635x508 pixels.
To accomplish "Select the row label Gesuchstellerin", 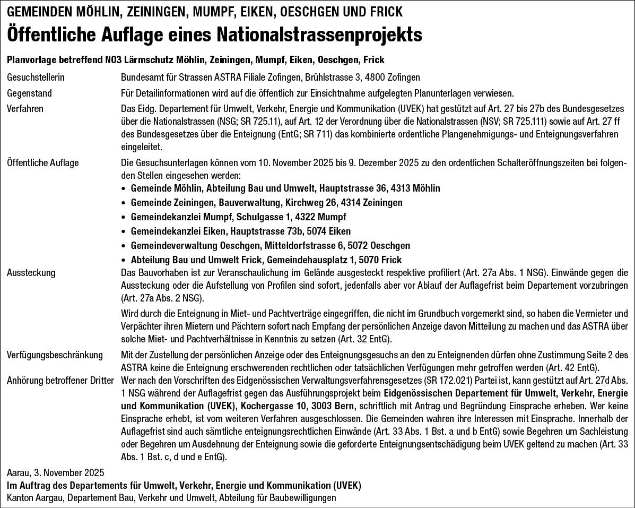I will tap(36, 78).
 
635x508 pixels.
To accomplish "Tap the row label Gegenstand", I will tap(29, 93).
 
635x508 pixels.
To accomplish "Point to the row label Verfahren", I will tap(25, 109).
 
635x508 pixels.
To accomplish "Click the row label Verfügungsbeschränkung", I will tap(55, 355).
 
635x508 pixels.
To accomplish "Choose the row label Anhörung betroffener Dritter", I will tap(60, 380).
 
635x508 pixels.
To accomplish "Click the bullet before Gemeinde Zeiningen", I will tap(124, 203).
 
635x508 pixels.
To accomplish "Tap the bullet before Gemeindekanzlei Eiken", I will tap(124, 231).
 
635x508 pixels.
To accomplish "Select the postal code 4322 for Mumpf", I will tap(305, 217).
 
